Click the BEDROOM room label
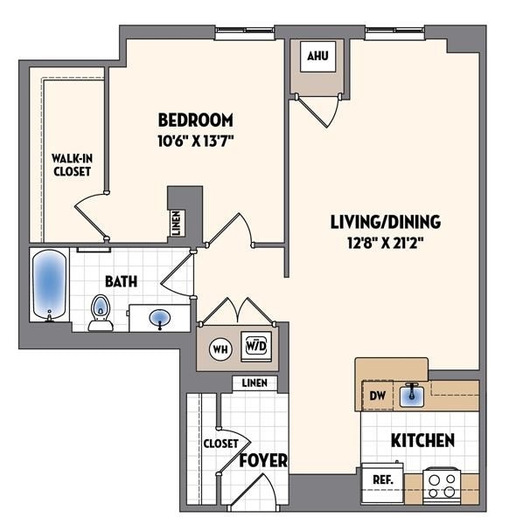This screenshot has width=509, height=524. point(195,120)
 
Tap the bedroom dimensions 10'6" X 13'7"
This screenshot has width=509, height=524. point(195,139)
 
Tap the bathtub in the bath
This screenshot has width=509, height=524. point(49,284)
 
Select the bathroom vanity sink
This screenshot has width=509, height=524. point(160,317)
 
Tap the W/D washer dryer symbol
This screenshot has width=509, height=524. point(254,346)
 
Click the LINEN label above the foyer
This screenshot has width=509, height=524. point(254,383)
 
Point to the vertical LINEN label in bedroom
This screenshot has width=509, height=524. point(178,223)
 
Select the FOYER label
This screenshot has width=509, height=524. point(262,459)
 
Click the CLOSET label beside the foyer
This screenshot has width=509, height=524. point(220,443)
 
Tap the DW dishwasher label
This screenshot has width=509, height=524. point(377,396)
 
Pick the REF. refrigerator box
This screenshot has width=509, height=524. point(382,480)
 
